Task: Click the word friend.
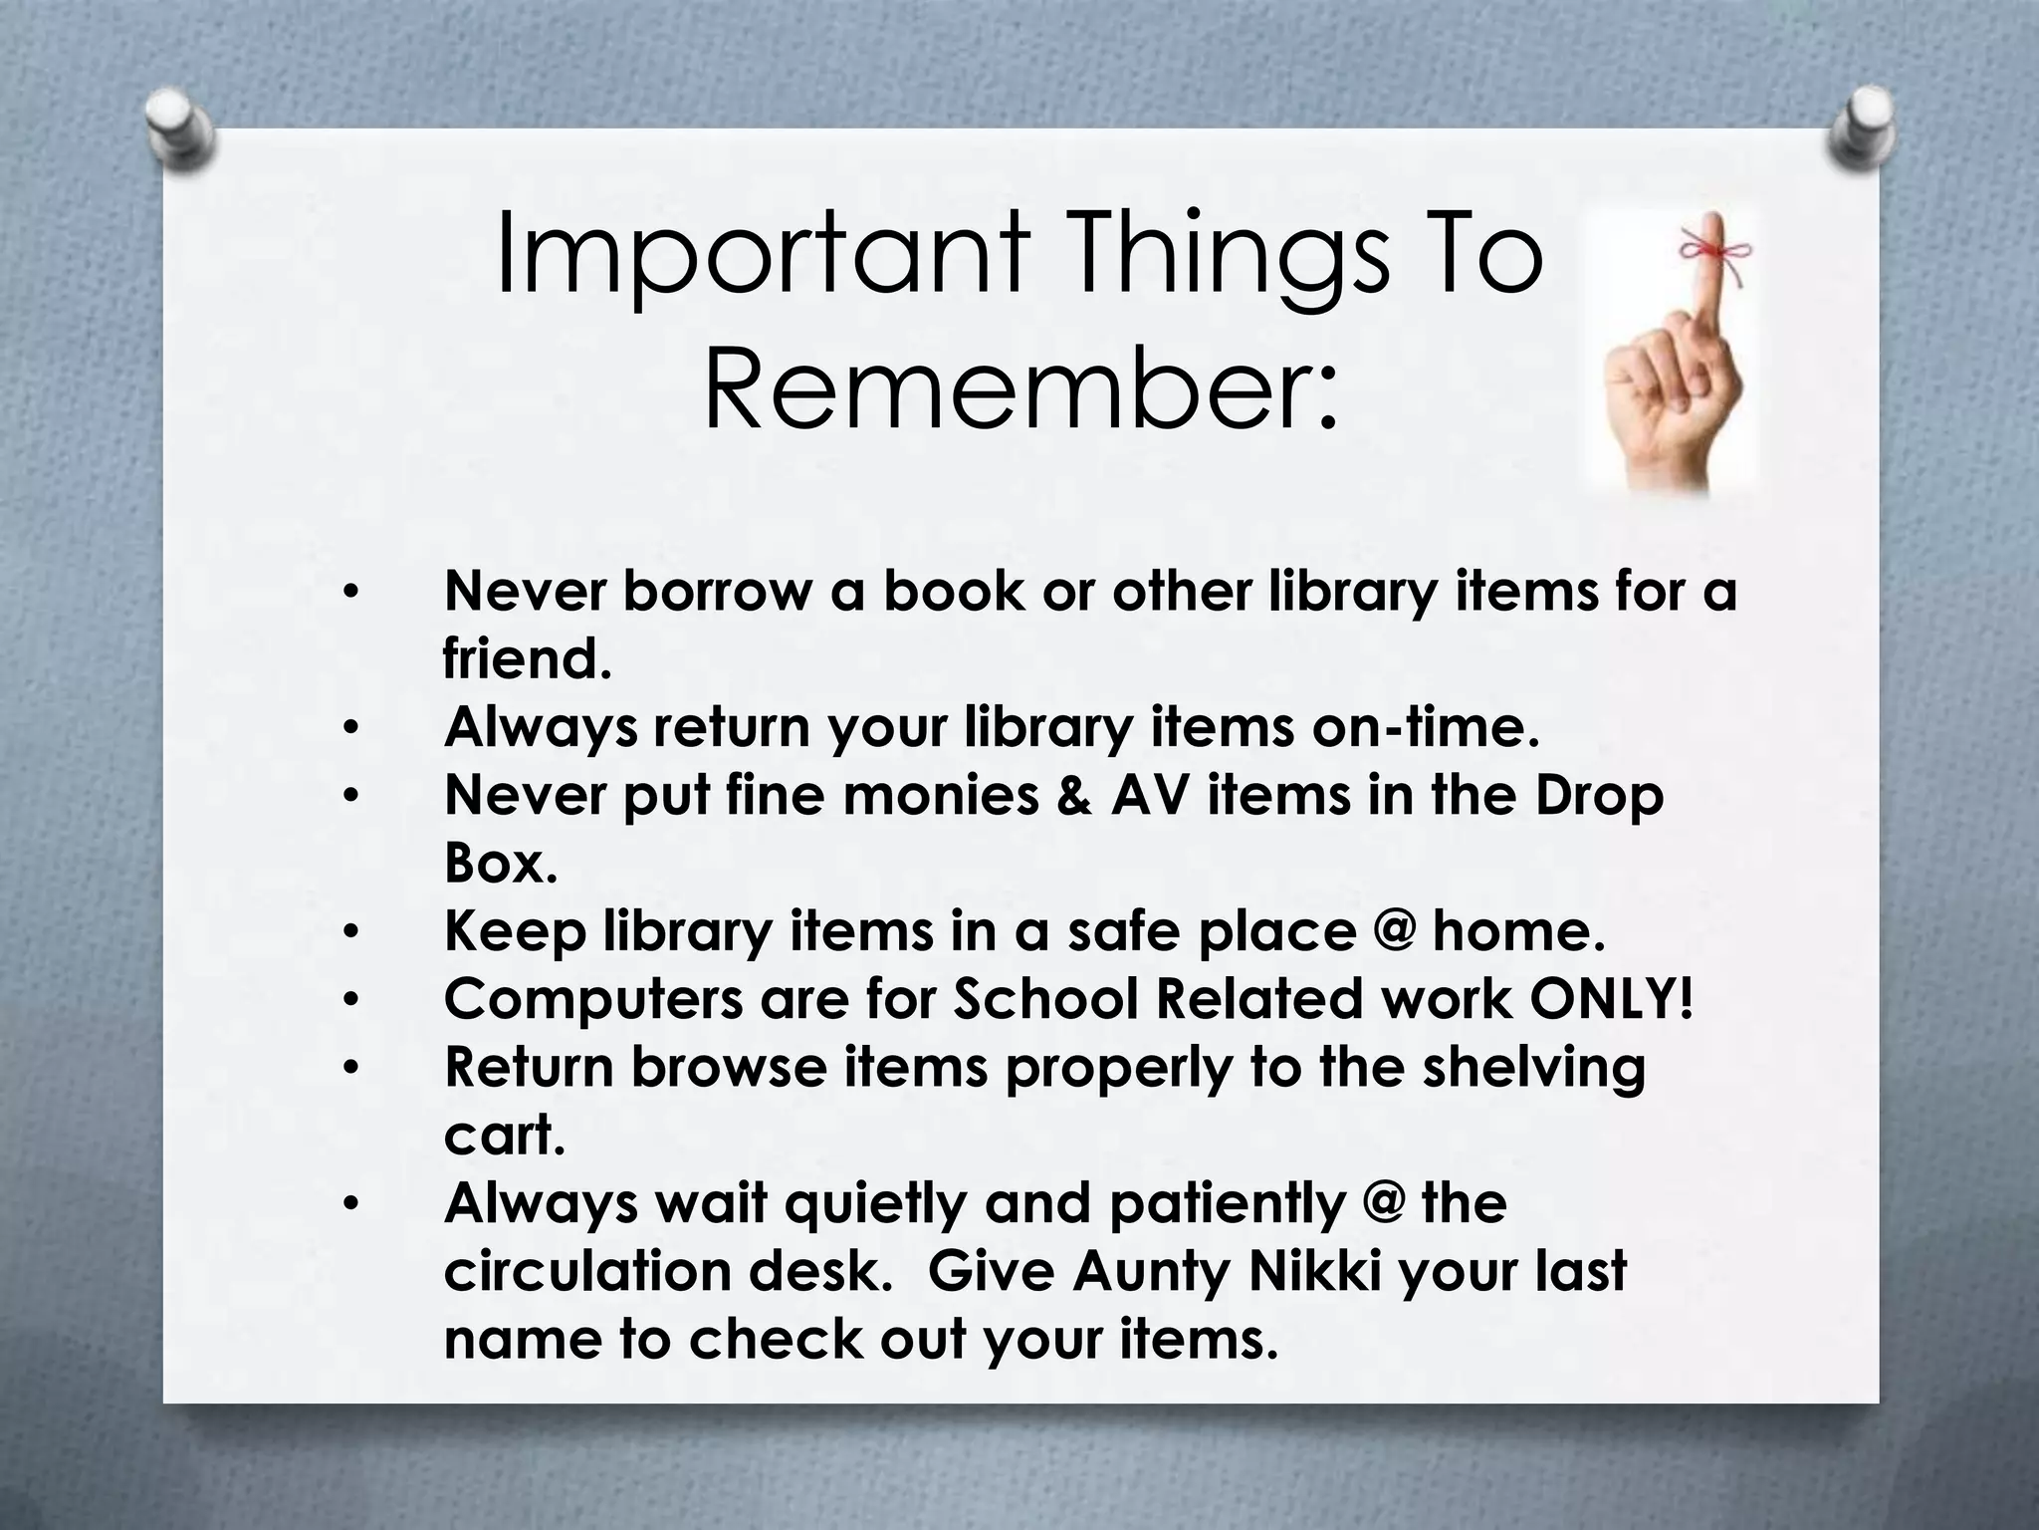[527, 659]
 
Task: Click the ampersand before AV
[1074, 796]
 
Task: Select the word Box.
[500, 864]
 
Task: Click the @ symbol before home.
[1393, 931]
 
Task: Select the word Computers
[593, 1001]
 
